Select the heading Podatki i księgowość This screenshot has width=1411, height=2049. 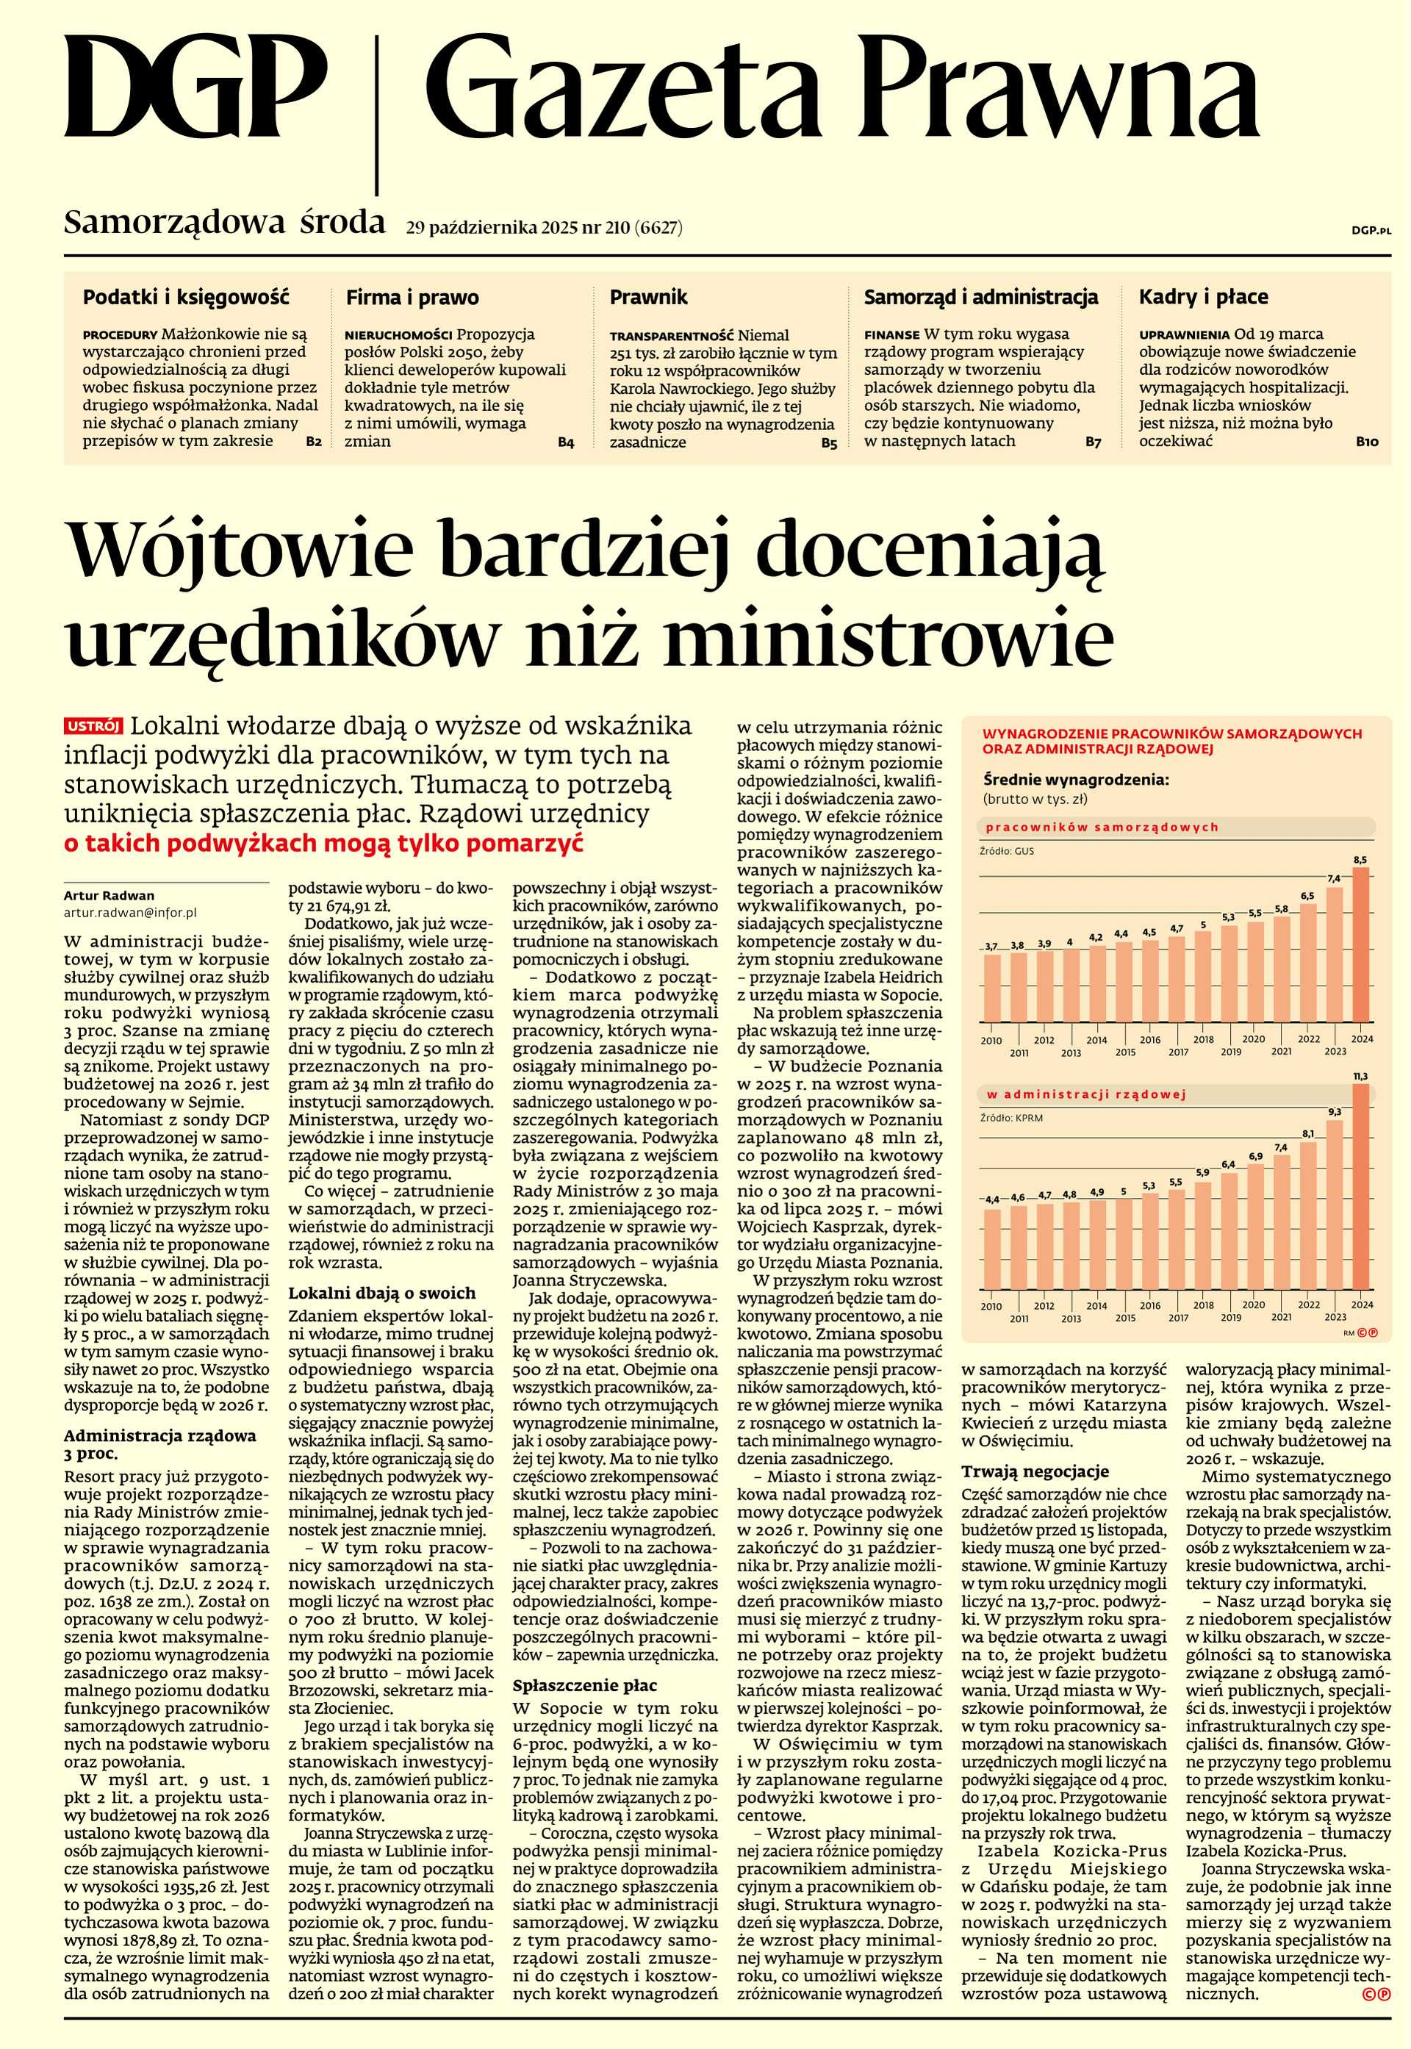[186, 298]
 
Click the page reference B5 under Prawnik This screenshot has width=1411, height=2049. [827, 445]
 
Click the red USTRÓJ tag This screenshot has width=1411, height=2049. [93, 727]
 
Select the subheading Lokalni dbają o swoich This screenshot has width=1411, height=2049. [382, 1293]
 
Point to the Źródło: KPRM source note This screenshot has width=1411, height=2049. [1010, 1118]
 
